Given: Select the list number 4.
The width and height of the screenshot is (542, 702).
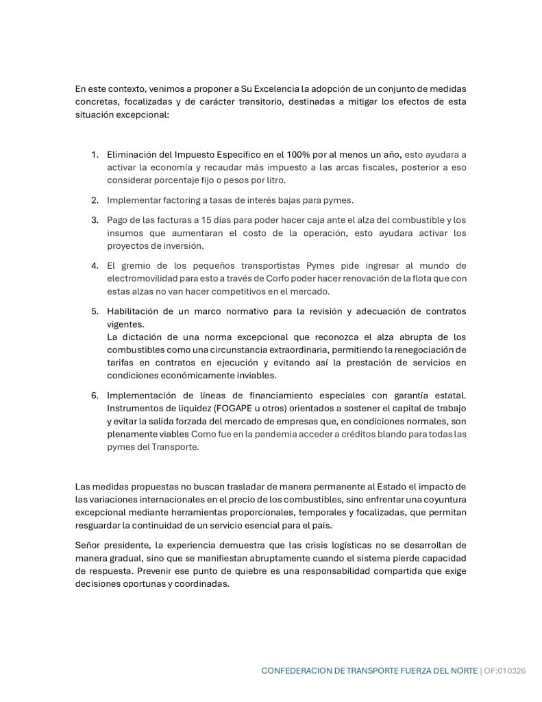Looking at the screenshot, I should (x=95, y=265).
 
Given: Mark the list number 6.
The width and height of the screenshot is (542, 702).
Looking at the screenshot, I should (x=95, y=395).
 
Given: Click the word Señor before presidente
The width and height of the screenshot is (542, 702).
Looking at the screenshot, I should (x=89, y=545).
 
